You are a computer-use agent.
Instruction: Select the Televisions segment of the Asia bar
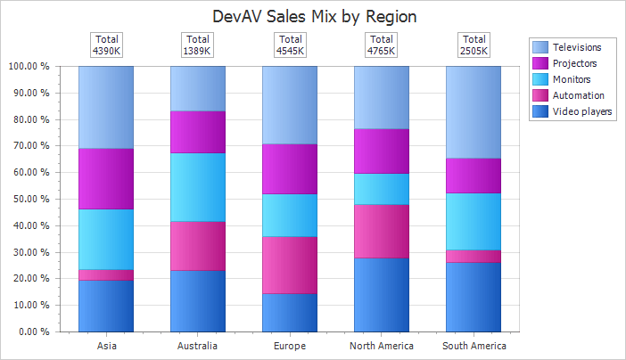106,107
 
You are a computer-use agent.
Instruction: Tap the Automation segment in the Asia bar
106,275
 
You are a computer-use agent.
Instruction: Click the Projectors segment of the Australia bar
198,132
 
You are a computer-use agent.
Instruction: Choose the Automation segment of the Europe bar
290,265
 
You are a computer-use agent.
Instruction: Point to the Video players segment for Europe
290,312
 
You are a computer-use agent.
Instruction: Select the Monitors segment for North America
382,189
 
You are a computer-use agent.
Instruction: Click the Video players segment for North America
382,294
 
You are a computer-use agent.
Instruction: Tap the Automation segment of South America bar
474,257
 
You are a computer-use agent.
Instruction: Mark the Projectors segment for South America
474,176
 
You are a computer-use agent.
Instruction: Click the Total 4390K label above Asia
106,45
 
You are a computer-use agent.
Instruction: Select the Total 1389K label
198,45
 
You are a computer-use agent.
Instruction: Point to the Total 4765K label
382,45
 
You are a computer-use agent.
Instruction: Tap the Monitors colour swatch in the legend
540,79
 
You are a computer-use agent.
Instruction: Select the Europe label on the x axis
290,346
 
